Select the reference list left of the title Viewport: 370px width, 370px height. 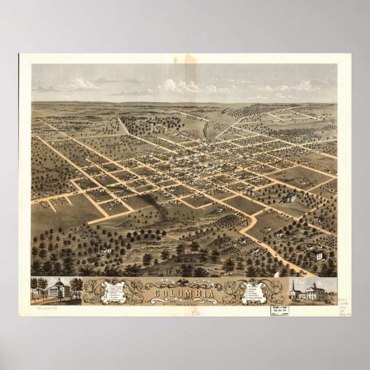tap(115, 290)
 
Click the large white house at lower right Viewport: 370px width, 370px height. tap(318, 255)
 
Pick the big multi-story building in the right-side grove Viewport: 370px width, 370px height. tap(291, 198)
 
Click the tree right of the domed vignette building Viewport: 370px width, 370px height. tap(76, 286)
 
